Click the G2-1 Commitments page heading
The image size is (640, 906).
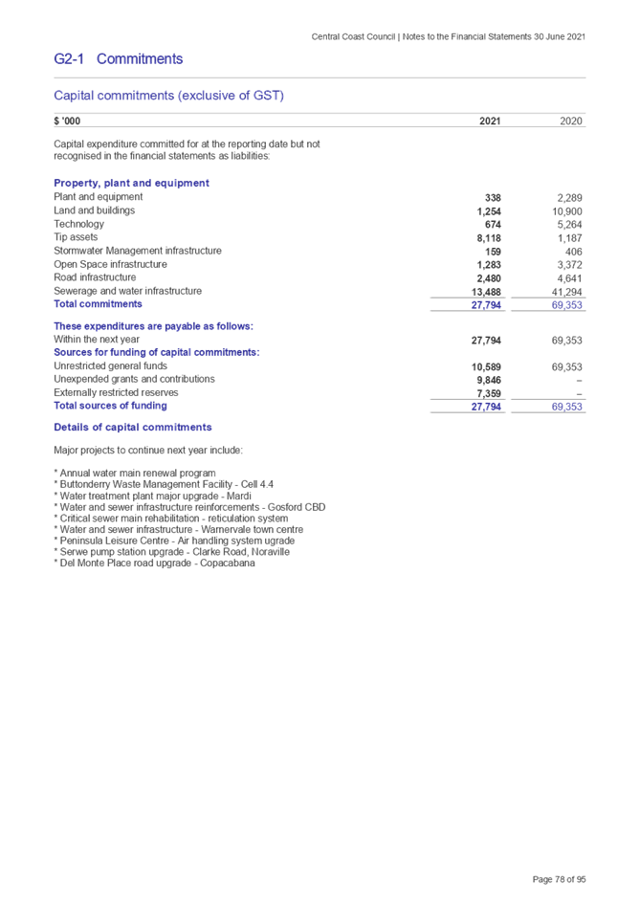(119, 59)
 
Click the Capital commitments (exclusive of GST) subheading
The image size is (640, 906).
(168, 96)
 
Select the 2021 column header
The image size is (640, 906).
(489, 122)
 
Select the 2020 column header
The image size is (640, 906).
(571, 122)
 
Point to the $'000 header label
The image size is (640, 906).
(68, 122)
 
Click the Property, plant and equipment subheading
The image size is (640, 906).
(132, 183)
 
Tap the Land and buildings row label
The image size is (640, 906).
(95, 210)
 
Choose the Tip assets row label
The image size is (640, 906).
(77, 237)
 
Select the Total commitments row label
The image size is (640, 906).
(99, 304)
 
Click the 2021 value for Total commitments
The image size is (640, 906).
(487, 305)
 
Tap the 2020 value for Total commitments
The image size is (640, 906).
(568, 305)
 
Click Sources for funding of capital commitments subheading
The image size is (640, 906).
(155, 352)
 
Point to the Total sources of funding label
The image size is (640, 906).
(110, 406)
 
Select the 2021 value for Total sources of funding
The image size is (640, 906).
(487, 407)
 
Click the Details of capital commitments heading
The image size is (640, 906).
(133, 428)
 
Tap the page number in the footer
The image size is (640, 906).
(560, 879)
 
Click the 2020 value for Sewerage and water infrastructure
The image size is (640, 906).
(568, 292)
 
